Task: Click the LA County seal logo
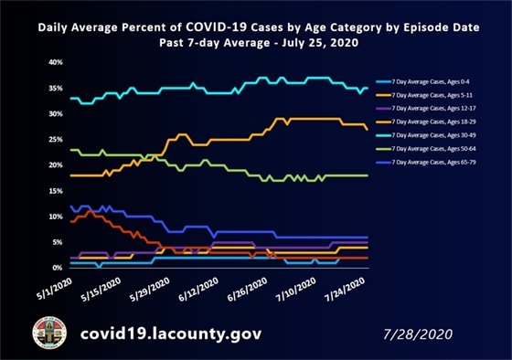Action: coord(48,334)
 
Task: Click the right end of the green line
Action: coord(367,175)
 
